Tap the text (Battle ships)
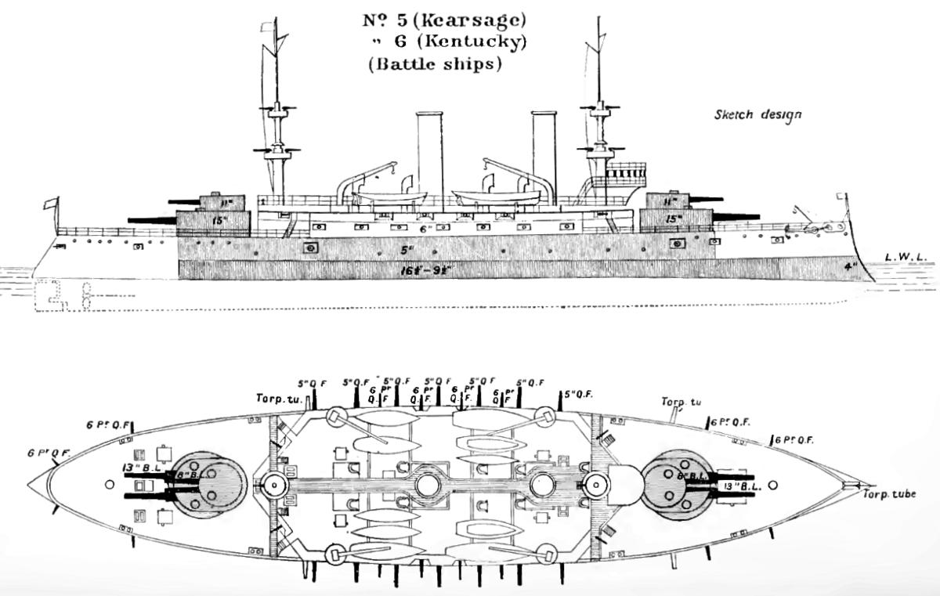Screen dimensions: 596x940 pyautogui.click(x=434, y=64)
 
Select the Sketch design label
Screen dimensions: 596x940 pyautogui.click(x=757, y=114)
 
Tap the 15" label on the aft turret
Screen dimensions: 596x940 pyautogui.click(x=219, y=221)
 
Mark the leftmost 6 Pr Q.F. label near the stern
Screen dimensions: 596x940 pyautogui.click(x=49, y=453)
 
